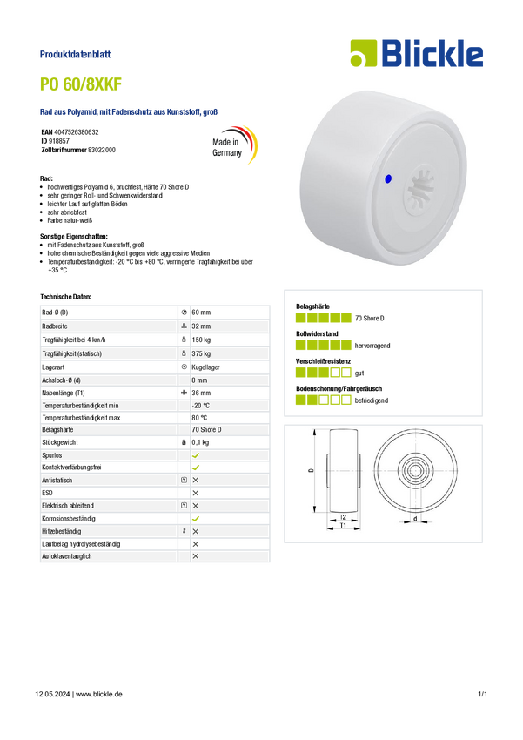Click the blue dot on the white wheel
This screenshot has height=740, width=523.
[388, 178]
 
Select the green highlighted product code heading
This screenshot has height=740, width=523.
[82, 84]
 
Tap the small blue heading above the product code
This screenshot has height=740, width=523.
[77, 54]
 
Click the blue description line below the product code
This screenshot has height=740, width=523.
[129, 111]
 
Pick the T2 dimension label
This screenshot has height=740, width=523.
[343, 517]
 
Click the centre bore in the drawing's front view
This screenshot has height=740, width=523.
[414, 470]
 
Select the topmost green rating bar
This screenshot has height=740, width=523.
[323, 317]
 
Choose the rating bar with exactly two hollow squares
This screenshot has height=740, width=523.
[323, 373]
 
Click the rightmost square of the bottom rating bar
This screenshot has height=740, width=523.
[346, 400]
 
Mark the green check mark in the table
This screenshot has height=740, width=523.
[196, 454]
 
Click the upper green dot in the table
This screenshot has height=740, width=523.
[197, 468]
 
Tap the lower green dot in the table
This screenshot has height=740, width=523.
[197, 518]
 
